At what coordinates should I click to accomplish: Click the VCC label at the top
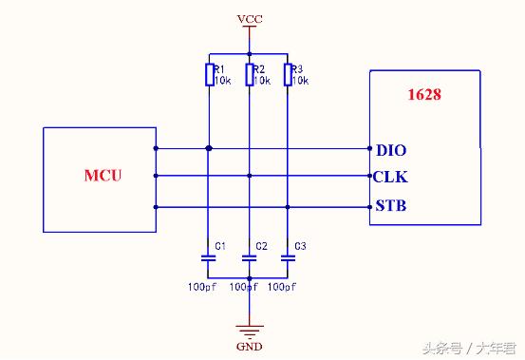[x=251, y=18]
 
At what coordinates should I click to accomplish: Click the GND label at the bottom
[x=248, y=346]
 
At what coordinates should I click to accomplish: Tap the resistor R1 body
[x=209, y=74]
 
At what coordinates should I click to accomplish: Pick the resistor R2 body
[x=249, y=74]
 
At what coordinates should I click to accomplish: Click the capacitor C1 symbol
[x=209, y=256]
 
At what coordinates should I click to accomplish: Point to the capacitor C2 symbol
[x=249, y=256]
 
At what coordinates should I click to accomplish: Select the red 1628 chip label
[x=422, y=94]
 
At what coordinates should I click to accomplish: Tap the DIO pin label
[x=390, y=149]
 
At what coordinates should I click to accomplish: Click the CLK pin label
[x=390, y=177]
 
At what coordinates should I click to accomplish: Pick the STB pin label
[x=390, y=206]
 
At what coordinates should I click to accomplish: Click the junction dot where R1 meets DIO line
[x=209, y=147]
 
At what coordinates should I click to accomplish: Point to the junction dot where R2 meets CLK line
[x=249, y=176]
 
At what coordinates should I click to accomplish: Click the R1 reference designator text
[x=218, y=69]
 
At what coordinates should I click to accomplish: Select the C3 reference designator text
[x=300, y=246]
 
